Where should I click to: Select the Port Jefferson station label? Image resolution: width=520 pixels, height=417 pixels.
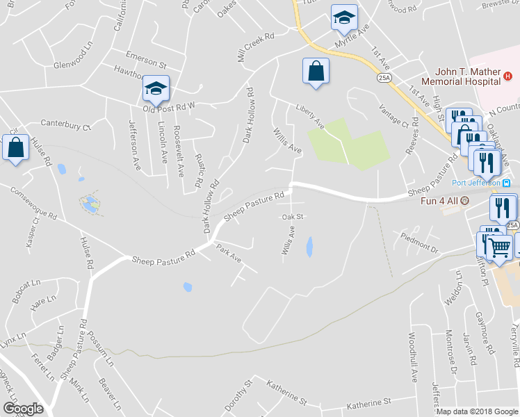click(476, 183)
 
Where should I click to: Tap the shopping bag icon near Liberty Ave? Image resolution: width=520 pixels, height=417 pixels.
click(316, 71)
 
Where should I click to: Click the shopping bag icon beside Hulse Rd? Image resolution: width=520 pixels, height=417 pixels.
click(15, 148)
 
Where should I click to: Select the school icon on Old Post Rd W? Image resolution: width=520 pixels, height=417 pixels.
click(156, 89)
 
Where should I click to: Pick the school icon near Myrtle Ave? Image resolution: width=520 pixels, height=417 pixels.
click(343, 18)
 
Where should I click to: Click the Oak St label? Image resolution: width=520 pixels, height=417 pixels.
click(293, 217)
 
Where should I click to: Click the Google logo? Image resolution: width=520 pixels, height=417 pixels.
click(23, 408)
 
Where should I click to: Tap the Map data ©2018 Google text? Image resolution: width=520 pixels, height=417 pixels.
click(477, 411)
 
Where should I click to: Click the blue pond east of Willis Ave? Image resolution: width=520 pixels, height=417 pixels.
click(309, 247)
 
